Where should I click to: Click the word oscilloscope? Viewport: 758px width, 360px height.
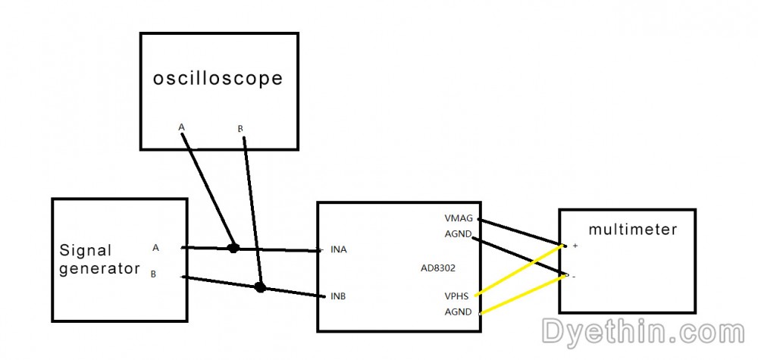(218, 79)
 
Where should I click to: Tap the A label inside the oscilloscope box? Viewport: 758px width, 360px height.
(182, 127)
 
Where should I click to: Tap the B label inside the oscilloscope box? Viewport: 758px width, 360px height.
(240, 129)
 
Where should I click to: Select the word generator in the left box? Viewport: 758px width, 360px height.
(99, 269)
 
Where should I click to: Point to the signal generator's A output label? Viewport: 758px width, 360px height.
(155, 247)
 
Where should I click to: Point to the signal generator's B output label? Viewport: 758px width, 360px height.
(153, 274)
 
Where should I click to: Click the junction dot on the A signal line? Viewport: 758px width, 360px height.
(233, 248)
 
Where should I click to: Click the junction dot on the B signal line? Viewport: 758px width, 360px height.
(260, 287)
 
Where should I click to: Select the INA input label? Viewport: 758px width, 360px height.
(338, 250)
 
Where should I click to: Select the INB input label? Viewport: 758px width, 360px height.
(338, 296)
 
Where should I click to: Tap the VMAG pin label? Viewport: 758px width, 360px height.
(459, 218)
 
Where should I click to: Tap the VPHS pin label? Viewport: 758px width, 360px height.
(457, 296)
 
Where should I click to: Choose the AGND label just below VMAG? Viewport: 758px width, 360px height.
(457, 234)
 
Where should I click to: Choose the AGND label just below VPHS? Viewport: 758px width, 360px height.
(458, 311)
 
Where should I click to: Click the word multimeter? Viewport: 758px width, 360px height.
(633, 229)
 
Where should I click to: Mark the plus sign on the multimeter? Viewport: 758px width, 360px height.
(575, 246)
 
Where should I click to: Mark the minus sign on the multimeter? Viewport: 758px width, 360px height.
(574, 277)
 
